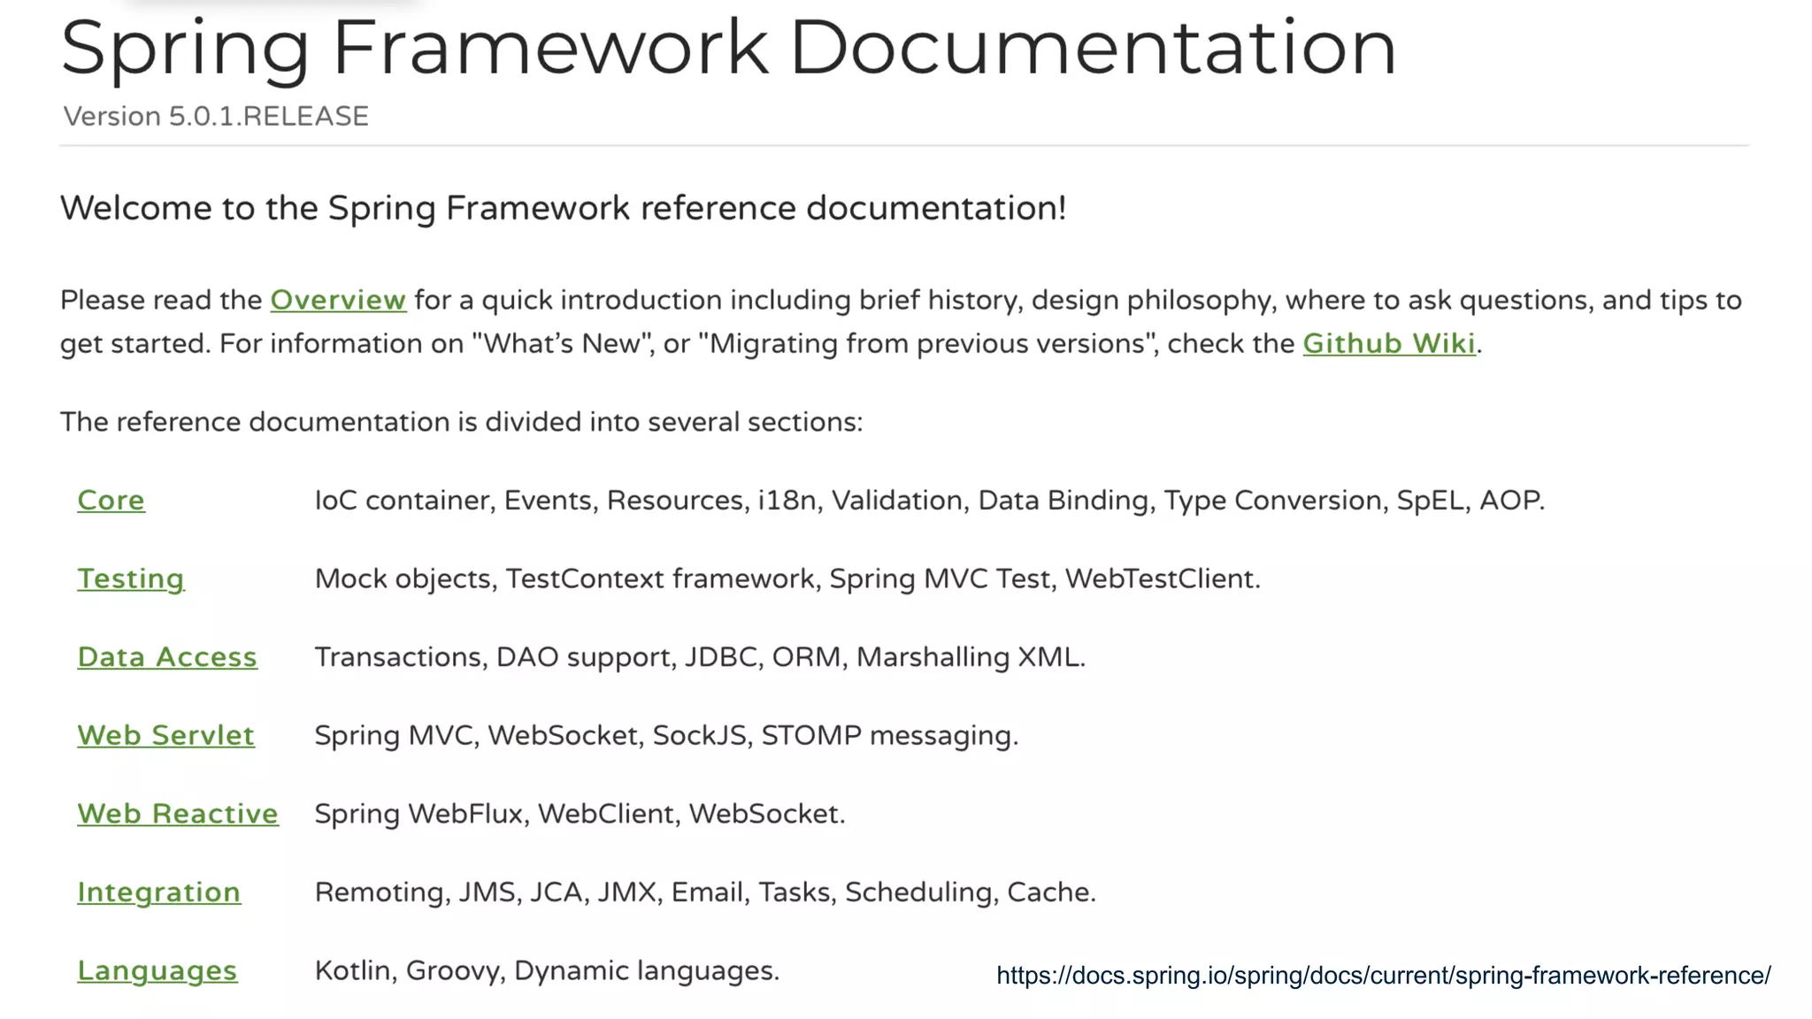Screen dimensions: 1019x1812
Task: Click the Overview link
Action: [338, 301]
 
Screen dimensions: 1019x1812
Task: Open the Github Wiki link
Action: [1389, 343]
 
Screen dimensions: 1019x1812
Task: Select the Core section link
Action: [111, 501]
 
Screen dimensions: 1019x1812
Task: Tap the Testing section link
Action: [131, 579]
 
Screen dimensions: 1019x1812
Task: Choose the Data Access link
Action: [167, 657]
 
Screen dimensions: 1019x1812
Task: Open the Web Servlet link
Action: [165, 736]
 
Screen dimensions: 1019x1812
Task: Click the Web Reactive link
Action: [178, 814]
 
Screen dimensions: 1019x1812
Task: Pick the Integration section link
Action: [158, 893]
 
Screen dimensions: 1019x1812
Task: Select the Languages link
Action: [157, 971]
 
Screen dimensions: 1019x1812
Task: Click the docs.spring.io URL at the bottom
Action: [1383, 976]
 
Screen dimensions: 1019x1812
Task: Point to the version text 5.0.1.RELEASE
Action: [268, 117]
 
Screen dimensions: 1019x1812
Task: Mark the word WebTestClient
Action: [1162, 579]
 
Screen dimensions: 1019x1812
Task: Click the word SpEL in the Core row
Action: [1430, 501]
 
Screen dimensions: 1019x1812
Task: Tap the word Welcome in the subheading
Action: [136, 209]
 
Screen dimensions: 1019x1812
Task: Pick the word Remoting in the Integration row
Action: [379, 893]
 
